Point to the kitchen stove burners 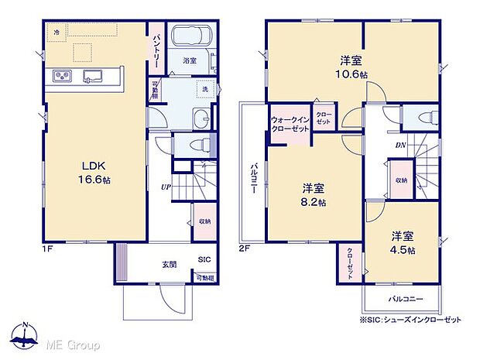pyautogui.click(x=62, y=76)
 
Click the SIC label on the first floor pyautogui.click(x=204, y=260)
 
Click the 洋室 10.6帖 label pyautogui.click(x=352, y=67)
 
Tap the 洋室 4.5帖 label pyautogui.click(x=403, y=243)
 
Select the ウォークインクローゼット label pyautogui.click(x=290, y=124)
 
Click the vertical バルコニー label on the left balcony pyautogui.click(x=252, y=184)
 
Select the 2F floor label pyautogui.click(x=243, y=249)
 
